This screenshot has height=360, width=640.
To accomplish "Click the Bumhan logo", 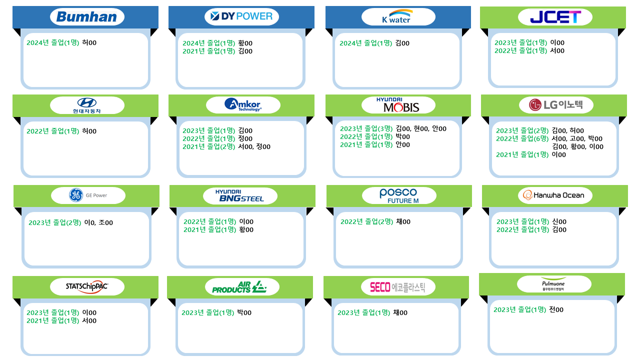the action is (87, 16).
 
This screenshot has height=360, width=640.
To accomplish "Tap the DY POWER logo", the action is (241, 16).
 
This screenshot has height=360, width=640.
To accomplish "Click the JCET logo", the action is (555, 16).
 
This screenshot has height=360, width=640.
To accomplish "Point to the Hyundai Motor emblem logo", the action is (87, 105).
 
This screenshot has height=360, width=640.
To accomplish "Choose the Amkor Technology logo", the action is (243, 104).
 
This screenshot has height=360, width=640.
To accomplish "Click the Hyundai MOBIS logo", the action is (398, 105).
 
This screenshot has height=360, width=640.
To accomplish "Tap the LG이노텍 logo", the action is (555, 105).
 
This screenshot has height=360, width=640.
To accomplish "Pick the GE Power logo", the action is (88, 195).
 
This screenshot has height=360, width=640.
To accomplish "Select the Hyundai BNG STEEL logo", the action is (239, 195).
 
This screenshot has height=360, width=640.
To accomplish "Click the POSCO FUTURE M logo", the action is (399, 195).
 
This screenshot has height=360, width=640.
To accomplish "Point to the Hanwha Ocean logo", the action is (553, 195).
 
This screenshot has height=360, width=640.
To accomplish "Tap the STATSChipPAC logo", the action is (87, 286).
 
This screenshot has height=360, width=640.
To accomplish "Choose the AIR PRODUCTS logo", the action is (239, 287).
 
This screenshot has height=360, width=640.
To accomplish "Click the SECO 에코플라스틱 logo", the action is (397, 287).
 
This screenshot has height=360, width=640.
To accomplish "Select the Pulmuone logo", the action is (553, 284).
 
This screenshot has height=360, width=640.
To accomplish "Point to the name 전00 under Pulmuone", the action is (556, 309).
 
